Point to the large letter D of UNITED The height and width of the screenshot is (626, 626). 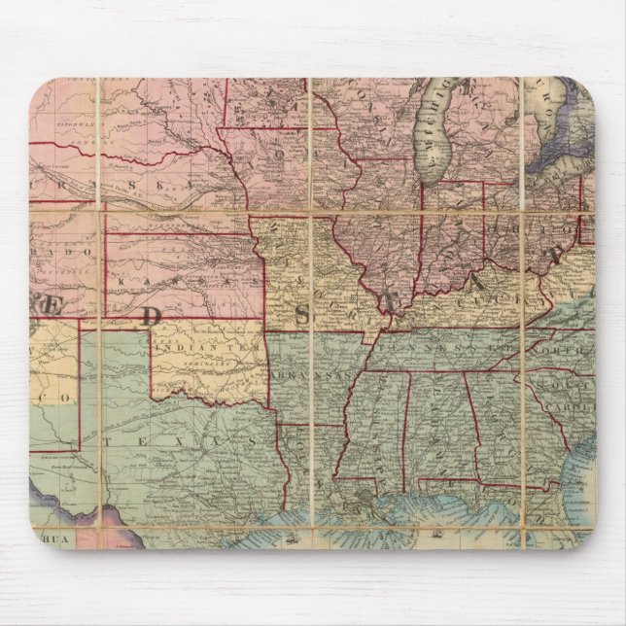(x=152, y=314)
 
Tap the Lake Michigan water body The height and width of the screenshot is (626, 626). (x=435, y=136)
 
